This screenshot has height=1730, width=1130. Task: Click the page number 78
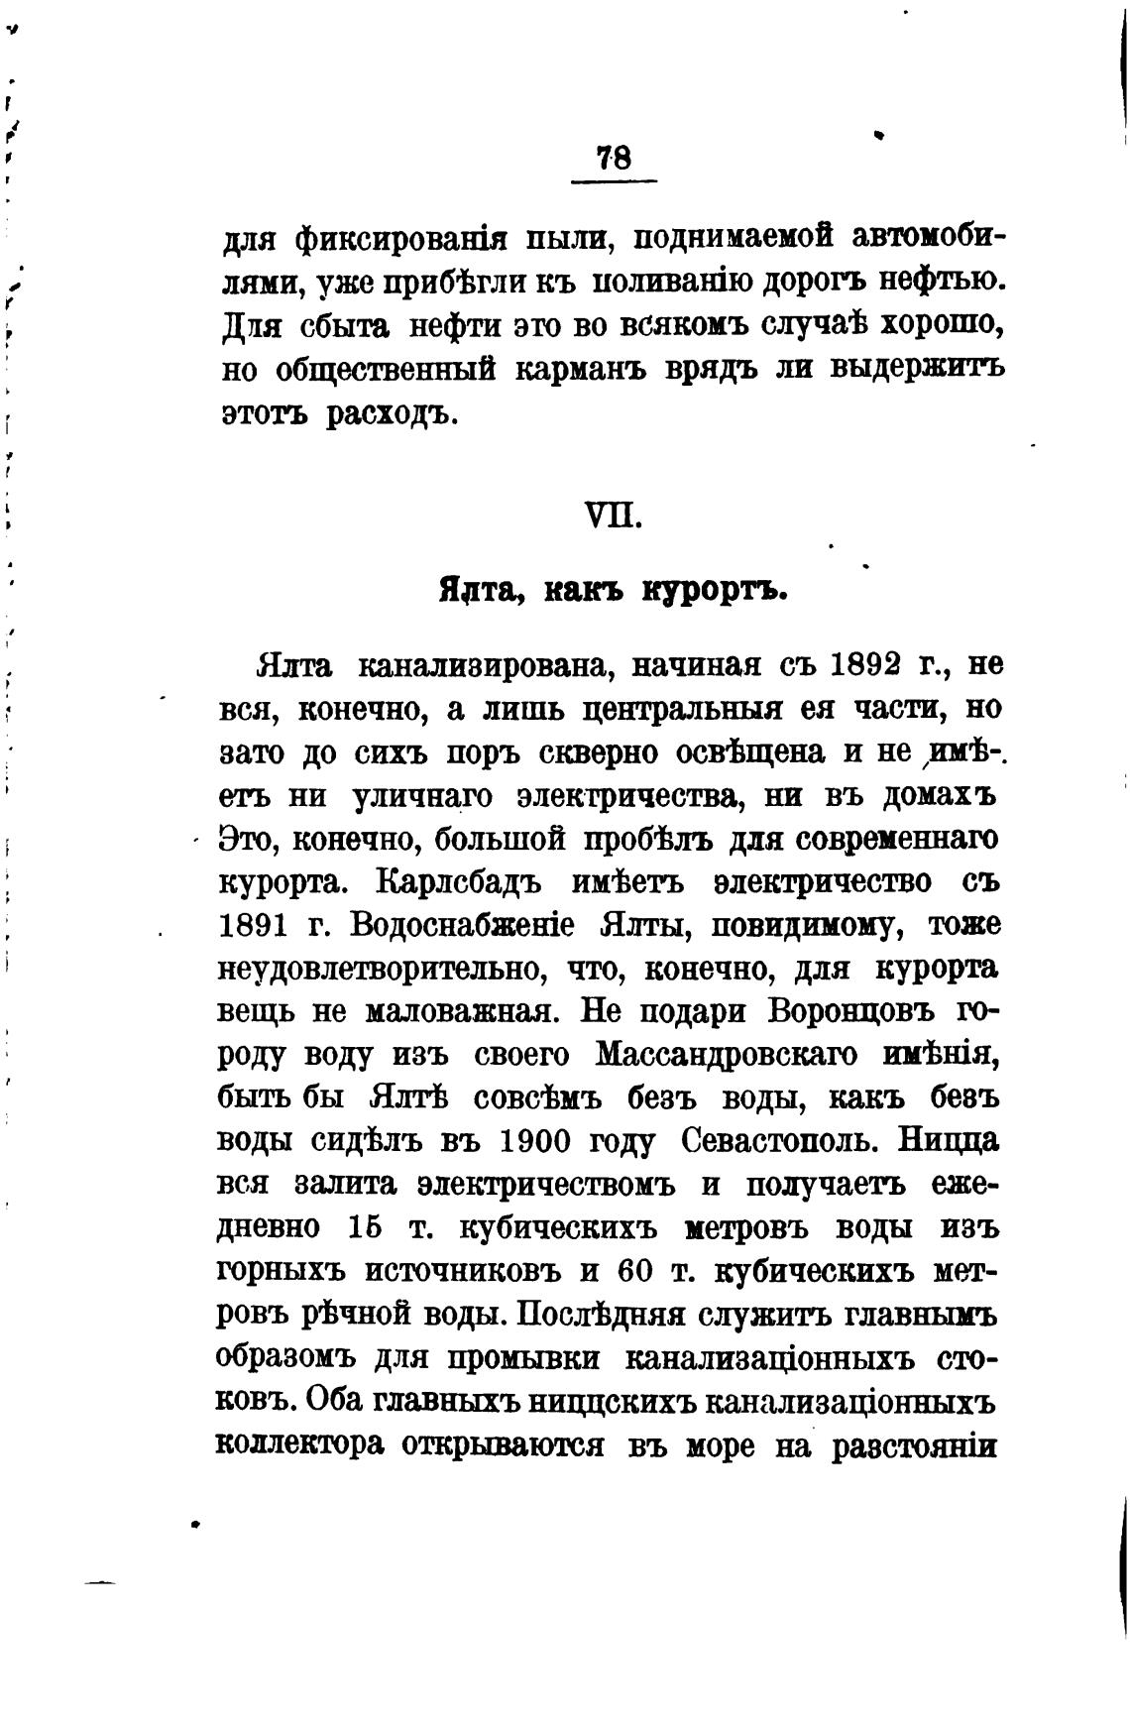point(615,159)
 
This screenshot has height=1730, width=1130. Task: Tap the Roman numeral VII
point(615,517)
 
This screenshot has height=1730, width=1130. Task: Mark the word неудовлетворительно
point(381,969)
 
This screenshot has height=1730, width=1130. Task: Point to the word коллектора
point(299,1444)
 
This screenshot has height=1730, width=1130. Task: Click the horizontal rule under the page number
point(615,180)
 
